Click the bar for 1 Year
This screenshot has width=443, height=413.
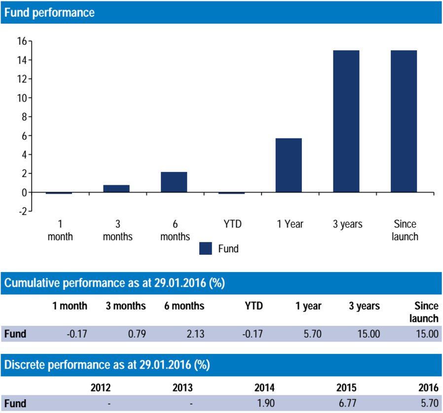coord(289,165)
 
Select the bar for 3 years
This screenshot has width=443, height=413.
coord(346,121)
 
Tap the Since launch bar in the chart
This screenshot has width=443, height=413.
coord(404,121)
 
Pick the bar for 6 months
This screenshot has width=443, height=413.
coord(174,182)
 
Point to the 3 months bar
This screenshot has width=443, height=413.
coord(116,189)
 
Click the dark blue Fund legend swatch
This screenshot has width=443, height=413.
coord(206,248)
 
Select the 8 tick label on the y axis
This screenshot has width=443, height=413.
coord(22,117)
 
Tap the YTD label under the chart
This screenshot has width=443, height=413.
coord(231,224)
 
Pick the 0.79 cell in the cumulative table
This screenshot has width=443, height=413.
coord(136,334)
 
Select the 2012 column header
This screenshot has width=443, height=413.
coord(101,387)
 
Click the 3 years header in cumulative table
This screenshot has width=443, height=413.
coord(364,306)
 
